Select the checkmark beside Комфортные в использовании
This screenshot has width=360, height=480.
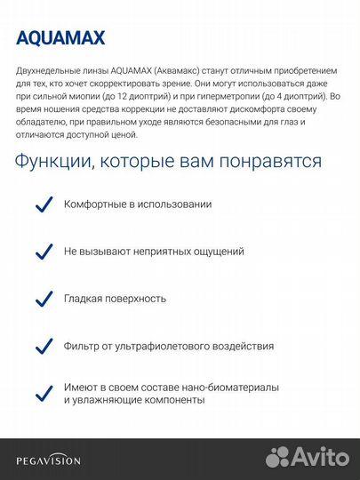pyautogui.click(x=42, y=204)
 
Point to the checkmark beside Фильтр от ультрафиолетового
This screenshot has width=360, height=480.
pyautogui.click(x=42, y=346)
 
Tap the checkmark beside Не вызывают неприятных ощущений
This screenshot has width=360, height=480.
pyautogui.click(x=42, y=252)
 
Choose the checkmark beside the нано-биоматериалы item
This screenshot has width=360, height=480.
pyautogui.click(x=42, y=392)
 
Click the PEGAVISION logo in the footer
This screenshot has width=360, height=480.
pyautogui.click(x=48, y=460)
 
